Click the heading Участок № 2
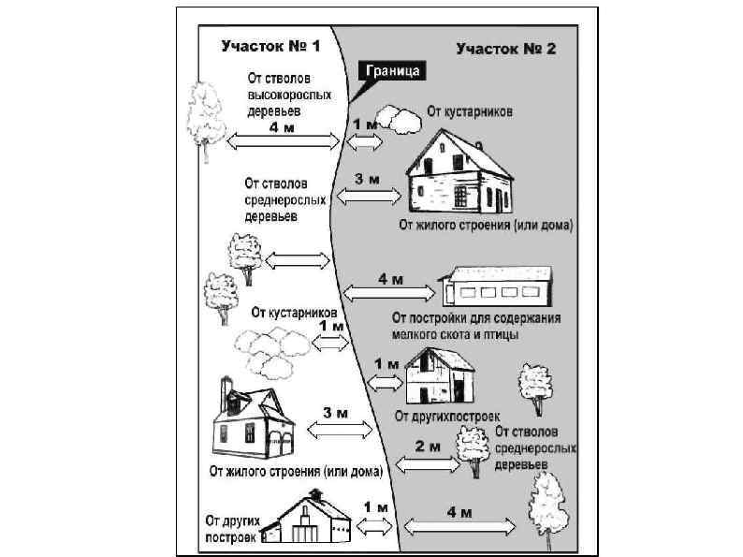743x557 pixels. point(506,48)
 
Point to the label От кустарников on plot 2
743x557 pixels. point(470,111)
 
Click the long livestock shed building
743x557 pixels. point(497,286)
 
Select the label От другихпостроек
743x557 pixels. point(447,415)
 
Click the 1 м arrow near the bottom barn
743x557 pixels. point(373,522)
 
